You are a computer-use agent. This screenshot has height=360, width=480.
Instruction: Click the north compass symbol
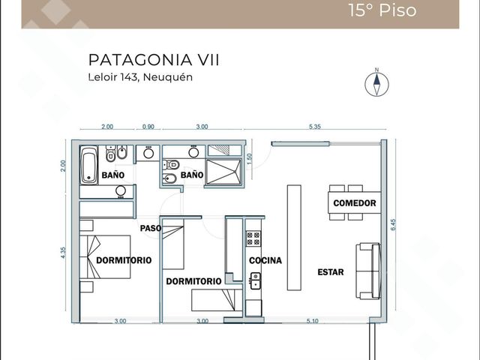pyautogui.click(x=376, y=83)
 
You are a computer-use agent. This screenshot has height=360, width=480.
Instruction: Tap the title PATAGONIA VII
pyautogui.click(x=154, y=60)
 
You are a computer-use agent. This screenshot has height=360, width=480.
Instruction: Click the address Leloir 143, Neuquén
pyautogui.click(x=140, y=76)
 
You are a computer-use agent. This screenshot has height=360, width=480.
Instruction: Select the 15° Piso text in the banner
pyautogui.click(x=382, y=10)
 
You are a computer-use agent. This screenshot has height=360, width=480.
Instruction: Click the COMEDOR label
pyautogui.click(x=355, y=203)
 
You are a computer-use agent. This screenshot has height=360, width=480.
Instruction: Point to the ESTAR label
pyautogui.click(x=331, y=271)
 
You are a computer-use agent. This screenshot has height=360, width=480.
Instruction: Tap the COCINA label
pyautogui.click(x=265, y=260)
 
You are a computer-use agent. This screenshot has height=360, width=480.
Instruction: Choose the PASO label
pyautogui.click(x=151, y=228)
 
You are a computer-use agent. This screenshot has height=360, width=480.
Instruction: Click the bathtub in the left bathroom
pyautogui.click(x=88, y=165)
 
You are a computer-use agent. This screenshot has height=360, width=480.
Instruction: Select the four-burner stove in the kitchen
pyautogui.click(x=253, y=238)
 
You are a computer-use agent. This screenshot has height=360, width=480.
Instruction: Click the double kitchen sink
pyautogui.click(x=255, y=280)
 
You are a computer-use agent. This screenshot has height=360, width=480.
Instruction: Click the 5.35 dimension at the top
pyautogui.click(x=315, y=127)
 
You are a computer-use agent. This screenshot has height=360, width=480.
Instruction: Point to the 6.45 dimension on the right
pyautogui.click(x=393, y=225)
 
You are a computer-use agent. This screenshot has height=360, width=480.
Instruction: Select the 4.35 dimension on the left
pyautogui.click(x=63, y=253)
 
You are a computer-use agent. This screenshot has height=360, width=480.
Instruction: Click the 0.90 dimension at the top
pyautogui.click(x=148, y=127)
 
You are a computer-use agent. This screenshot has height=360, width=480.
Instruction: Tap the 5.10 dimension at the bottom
pyautogui.click(x=312, y=321)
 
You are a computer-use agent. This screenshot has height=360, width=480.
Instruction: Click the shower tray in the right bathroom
pyautogui.click(x=223, y=172)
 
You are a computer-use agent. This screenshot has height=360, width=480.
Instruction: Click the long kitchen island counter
pyautogui.click(x=294, y=237)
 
